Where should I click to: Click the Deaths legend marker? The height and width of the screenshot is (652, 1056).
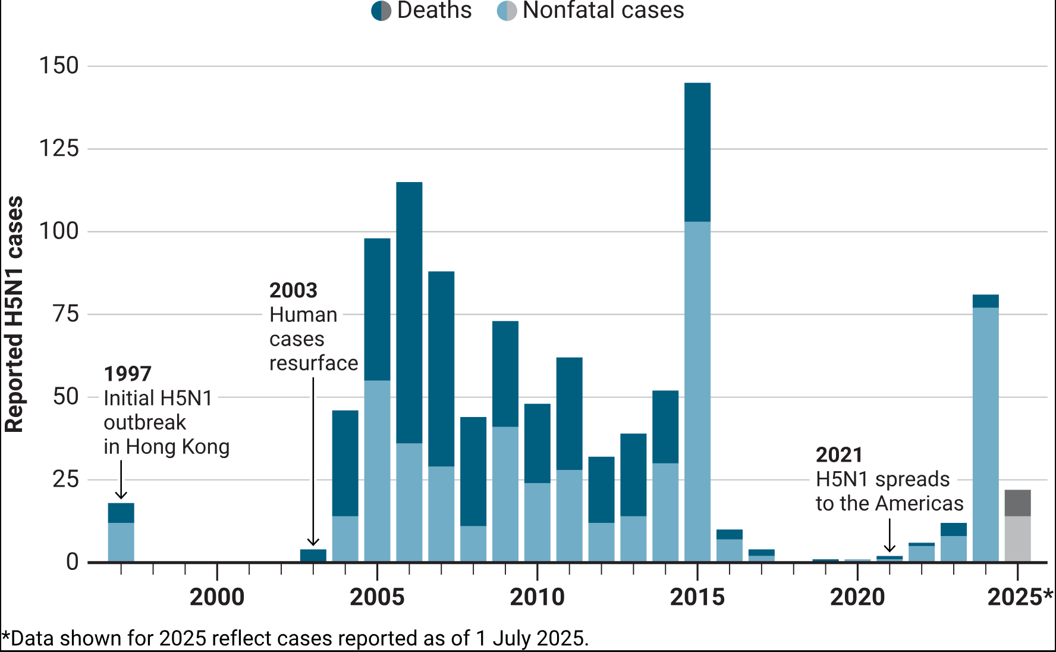tap(381, 11)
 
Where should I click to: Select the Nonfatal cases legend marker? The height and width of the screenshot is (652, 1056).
tap(507, 11)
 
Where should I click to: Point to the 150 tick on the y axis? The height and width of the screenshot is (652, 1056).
tap(59, 66)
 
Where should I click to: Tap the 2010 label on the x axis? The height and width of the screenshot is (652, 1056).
tap(537, 597)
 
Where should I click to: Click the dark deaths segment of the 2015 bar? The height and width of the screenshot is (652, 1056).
tap(697, 152)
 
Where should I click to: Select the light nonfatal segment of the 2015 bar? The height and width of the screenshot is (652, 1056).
tap(697, 391)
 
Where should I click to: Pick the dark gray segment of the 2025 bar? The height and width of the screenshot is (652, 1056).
tap(1017, 503)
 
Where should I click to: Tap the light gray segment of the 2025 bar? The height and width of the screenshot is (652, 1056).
tap(1017, 538)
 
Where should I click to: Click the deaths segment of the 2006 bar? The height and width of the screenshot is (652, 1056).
tap(409, 312)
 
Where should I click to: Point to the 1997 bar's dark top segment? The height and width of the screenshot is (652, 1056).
tap(121, 513)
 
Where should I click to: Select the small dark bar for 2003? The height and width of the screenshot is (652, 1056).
tap(313, 555)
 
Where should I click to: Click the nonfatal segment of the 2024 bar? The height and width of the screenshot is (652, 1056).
tap(985, 434)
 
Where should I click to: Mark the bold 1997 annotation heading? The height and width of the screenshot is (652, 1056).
tap(128, 374)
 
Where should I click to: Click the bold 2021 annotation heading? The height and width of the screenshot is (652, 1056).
tap(839, 455)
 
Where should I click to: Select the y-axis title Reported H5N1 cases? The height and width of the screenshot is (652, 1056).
tap(14, 314)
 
